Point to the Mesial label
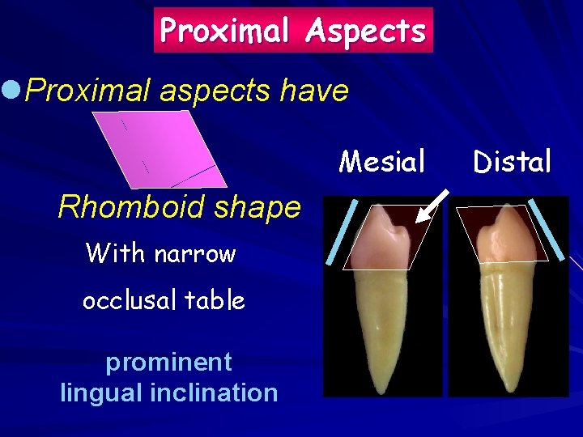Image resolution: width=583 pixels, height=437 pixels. point(382,162)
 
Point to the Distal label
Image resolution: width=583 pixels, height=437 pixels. point(512,162)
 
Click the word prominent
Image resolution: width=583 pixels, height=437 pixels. point(168,361)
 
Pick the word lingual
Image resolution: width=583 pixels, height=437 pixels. point(101,393)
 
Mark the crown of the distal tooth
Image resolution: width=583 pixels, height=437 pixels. point(500,239)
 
